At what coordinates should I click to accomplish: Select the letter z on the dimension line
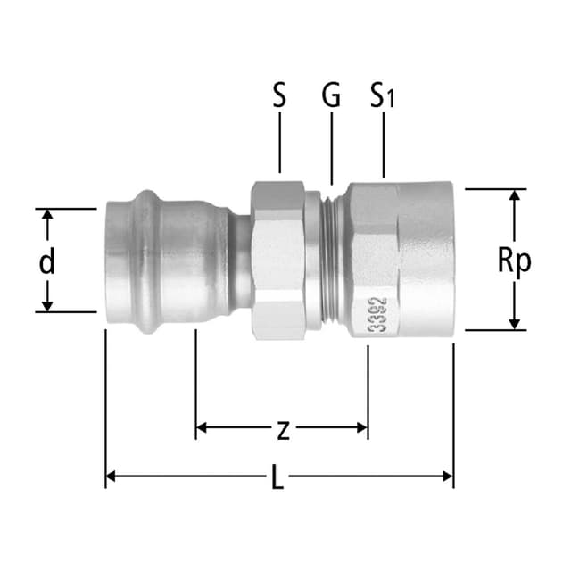coord(282,429)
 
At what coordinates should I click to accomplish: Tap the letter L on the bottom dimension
coord(277,479)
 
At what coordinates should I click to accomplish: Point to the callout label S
coord(279,96)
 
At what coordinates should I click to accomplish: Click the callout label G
coord(331,96)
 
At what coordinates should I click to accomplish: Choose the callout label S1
coord(383,96)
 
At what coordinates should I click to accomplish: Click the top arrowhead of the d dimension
coord(47,215)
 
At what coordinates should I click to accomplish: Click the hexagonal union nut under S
coord(278,260)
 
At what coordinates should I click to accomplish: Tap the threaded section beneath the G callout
coord(331,260)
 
